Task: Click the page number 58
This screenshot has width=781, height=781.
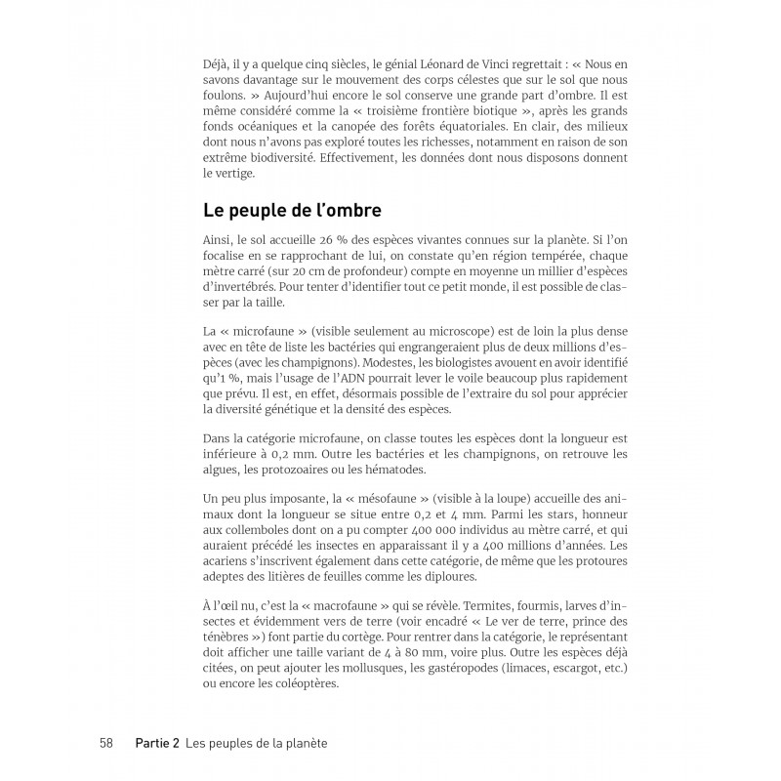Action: click(x=107, y=743)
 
